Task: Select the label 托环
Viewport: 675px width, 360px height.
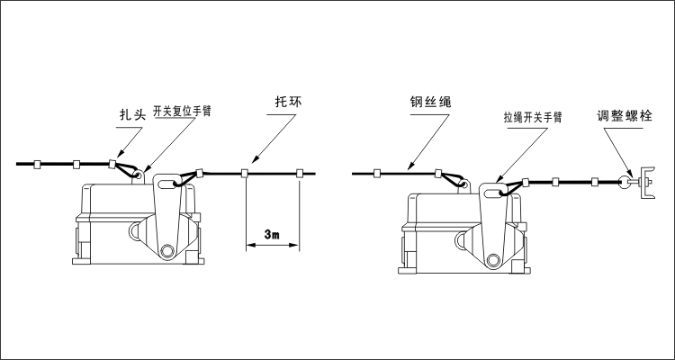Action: (x=287, y=102)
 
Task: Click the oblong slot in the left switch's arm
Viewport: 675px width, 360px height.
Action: (x=167, y=188)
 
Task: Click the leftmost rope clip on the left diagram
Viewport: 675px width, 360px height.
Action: (x=39, y=165)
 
